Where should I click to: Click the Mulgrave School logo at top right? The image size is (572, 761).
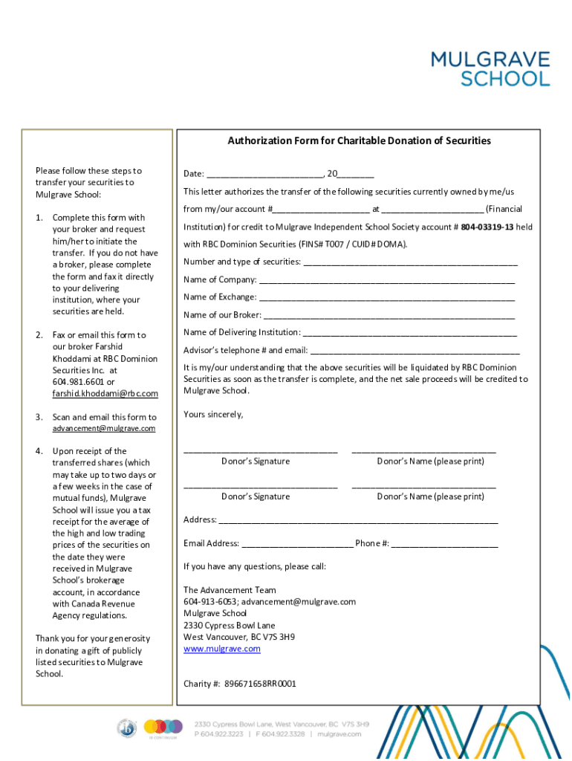(490, 68)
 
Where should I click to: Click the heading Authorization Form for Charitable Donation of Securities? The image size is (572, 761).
(359, 140)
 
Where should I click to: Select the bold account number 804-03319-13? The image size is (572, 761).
(487, 227)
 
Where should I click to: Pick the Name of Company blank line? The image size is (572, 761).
(386, 281)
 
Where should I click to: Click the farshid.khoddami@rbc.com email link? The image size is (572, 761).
(105, 393)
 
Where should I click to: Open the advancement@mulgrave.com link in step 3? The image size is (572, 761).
(104, 429)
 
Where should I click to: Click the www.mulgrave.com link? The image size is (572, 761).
(222, 649)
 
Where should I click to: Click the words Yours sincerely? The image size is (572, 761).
(213, 414)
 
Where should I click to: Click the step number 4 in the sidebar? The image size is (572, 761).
(39, 451)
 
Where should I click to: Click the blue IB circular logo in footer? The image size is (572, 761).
(127, 728)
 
